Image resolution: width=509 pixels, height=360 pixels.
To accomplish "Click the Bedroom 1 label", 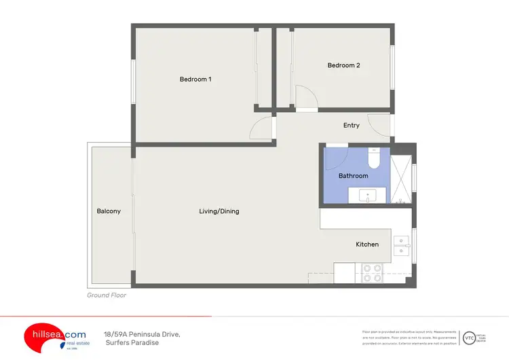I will click(195, 79).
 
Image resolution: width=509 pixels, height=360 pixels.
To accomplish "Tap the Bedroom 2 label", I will click(343, 65).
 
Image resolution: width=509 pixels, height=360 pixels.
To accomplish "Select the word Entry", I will click(351, 125).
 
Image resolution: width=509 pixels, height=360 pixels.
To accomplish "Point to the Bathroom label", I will click(353, 176).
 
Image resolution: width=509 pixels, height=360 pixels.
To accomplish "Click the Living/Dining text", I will click(219, 211).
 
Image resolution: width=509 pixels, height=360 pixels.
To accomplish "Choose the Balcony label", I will click(109, 211).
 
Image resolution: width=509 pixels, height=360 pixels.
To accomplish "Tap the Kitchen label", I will click(367, 245).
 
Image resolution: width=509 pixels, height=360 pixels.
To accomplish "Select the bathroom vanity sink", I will click(368, 196).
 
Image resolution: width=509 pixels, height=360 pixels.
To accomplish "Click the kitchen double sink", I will click(402, 245).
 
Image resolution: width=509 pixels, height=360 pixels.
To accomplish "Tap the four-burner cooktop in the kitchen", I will click(372, 272).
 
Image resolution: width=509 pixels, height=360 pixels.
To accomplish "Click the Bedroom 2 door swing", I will click(305, 98).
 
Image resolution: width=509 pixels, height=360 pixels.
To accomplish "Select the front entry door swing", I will click(377, 125).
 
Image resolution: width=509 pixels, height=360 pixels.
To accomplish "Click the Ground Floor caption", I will click(107, 295).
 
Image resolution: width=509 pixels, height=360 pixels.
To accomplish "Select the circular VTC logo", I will click(468, 338).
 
